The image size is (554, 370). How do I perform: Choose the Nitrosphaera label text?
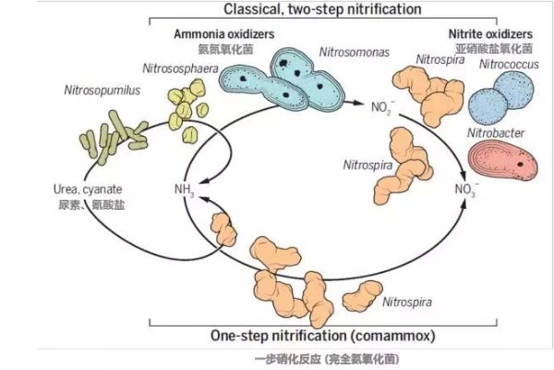[180, 68]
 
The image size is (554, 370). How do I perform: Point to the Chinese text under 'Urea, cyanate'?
[90, 204]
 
